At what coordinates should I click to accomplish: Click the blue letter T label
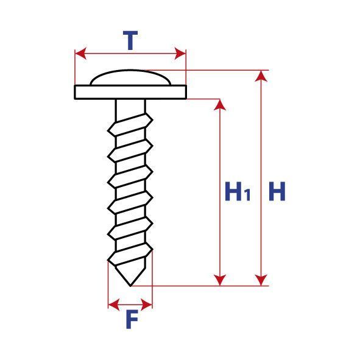click(x=130, y=40)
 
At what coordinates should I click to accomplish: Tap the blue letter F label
click(x=132, y=319)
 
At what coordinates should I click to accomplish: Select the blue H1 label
click(x=238, y=191)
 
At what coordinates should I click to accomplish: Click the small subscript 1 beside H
click(x=247, y=195)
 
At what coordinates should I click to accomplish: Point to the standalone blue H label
click(x=277, y=191)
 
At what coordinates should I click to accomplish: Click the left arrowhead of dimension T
click(x=80, y=54)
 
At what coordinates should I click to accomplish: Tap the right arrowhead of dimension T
click(x=180, y=54)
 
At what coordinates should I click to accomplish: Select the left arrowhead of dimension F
click(x=114, y=305)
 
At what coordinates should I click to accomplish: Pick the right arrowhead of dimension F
click(x=146, y=305)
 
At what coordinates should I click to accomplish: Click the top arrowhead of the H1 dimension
click(x=220, y=105)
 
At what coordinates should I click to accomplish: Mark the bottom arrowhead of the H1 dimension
click(x=220, y=280)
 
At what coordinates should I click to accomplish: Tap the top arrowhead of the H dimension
click(x=261, y=76)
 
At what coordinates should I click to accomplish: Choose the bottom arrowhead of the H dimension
click(x=261, y=280)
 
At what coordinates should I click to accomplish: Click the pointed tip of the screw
click(x=130, y=286)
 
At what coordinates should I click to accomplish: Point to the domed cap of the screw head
click(x=130, y=77)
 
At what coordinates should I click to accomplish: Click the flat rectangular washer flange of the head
click(x=130, y=92)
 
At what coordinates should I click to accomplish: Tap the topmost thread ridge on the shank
click(x=130, y=124)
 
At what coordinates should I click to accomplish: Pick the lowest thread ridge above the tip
click(x=130, y=255)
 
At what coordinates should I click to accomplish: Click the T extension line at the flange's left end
click(x=75, y=67)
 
